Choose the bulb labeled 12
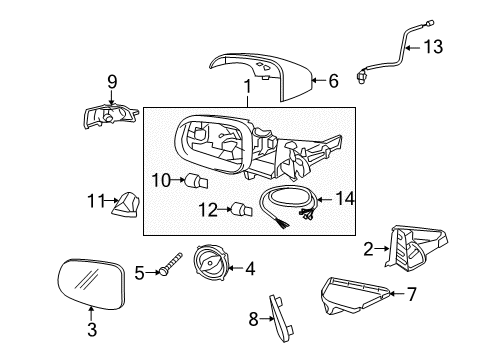coord(240,208)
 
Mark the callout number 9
coord(112,80)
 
